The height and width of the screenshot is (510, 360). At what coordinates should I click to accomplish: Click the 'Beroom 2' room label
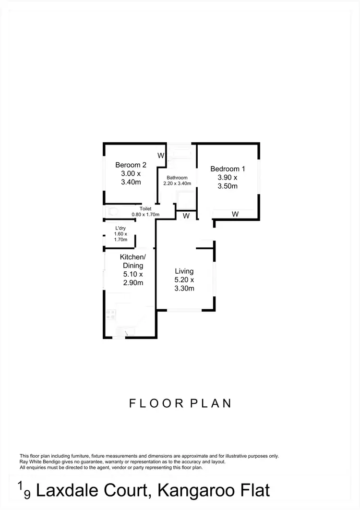coord(131,165)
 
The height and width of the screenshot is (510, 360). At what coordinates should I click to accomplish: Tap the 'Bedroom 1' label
coord(228,169)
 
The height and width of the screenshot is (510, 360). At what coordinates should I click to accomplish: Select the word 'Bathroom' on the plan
coord(177,178)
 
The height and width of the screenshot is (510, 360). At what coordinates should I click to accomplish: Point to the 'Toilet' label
coord(145,209)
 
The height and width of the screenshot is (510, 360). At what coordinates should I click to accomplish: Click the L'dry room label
coord(120,228)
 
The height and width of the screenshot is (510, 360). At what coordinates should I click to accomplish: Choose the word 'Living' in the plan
coord(184,271)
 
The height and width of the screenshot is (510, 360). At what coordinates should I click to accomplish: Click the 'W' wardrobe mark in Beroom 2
coord(161,156)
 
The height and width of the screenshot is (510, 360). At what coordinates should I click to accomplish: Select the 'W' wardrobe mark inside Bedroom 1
coord(235,214)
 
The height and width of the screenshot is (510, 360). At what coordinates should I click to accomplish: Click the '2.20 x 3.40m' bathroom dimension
coord(177,183)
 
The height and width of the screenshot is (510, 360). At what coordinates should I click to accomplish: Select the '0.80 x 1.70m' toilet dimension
coord(145,215)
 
